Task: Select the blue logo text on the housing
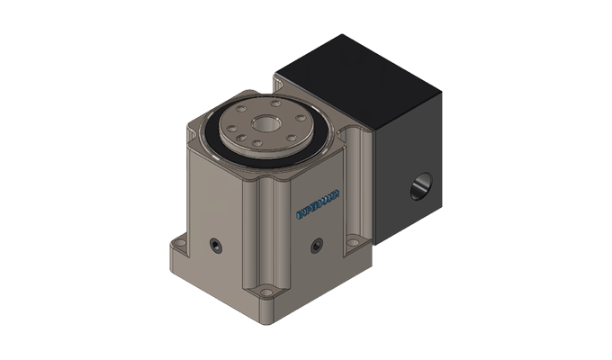pos(318,203)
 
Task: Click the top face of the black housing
pos(360,81)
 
